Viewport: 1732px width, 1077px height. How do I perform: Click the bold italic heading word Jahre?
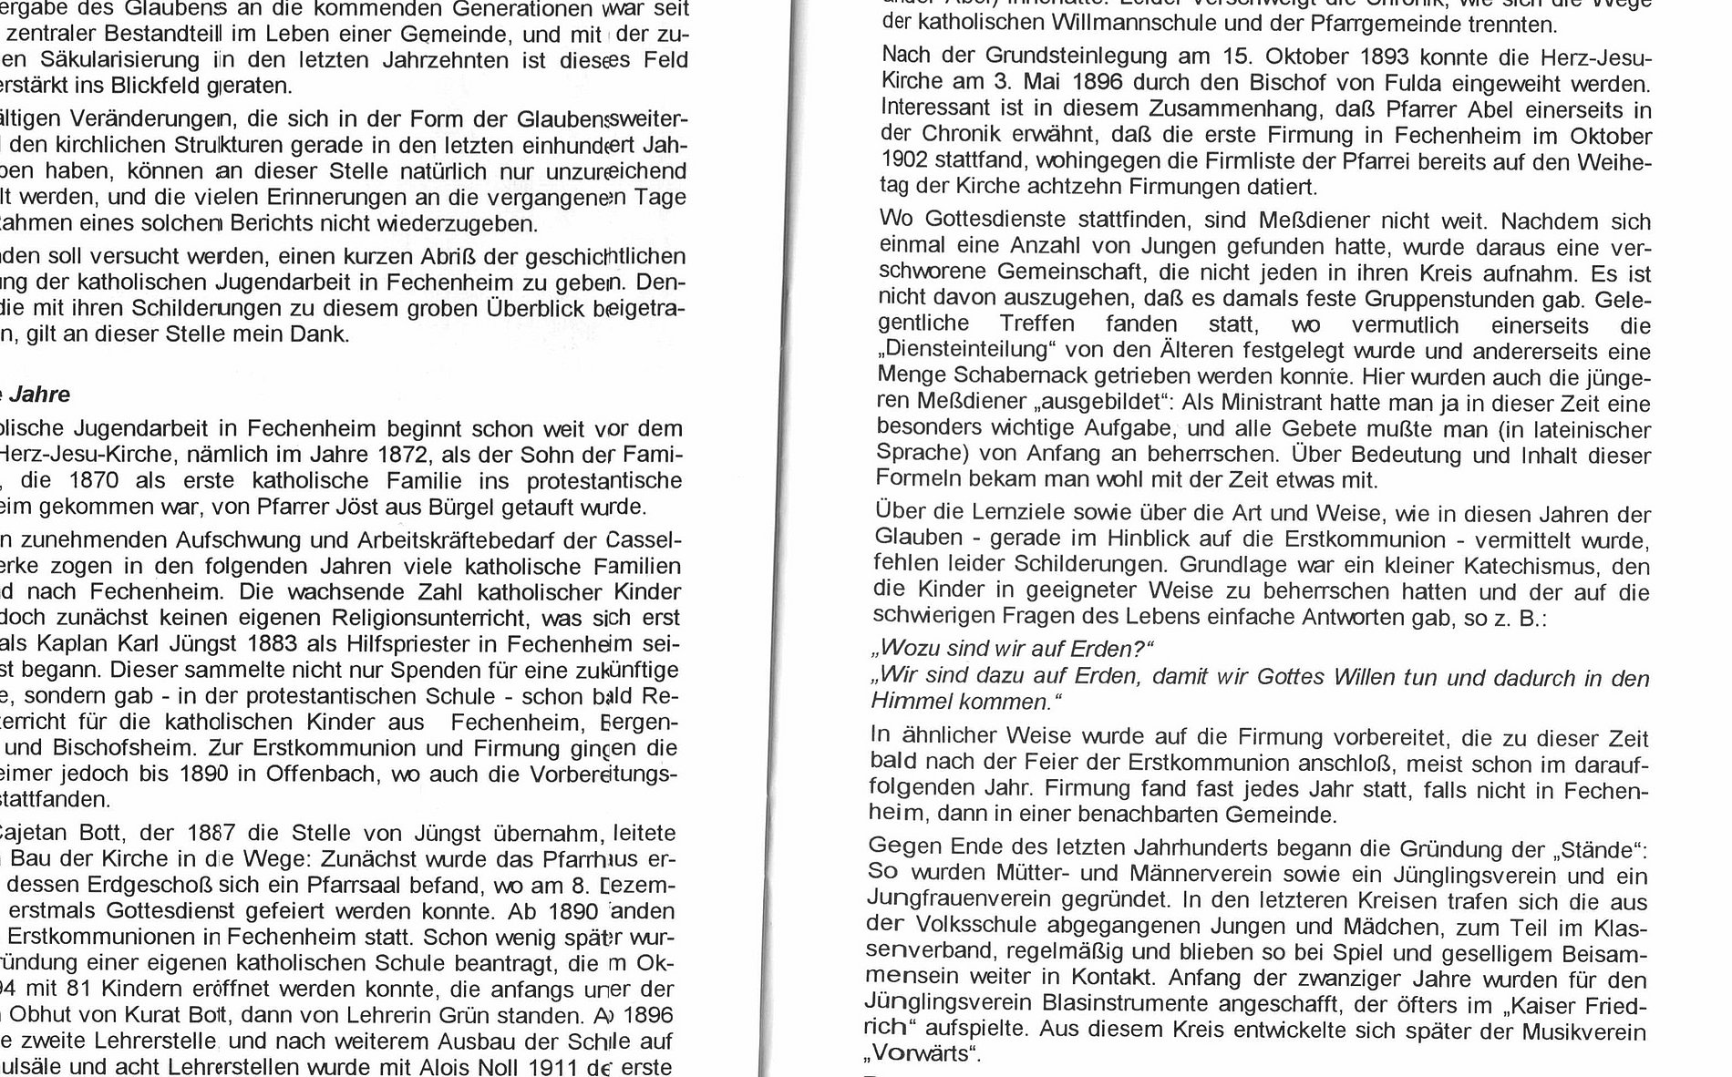[x=39, y=395]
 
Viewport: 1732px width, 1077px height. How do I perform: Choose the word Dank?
[x=322, y=333]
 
